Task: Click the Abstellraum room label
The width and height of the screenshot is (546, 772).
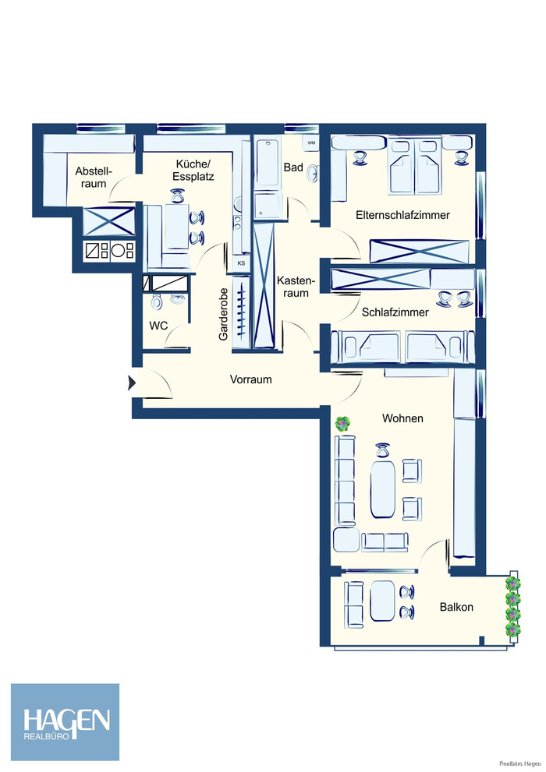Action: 93,178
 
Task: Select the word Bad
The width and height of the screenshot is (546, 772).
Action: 293,167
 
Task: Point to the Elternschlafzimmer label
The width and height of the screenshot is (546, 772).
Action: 402,215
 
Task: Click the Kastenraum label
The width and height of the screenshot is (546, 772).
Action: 295,287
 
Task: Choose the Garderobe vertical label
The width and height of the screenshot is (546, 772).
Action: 224,314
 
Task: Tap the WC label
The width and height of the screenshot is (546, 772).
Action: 158,326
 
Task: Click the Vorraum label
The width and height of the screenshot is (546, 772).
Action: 251,379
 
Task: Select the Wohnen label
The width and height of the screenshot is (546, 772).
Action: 402,418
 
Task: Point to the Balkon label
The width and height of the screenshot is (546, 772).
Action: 456,607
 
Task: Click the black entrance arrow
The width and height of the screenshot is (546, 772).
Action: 132,382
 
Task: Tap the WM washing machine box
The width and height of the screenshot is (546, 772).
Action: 311,143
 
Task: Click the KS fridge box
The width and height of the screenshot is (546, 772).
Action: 241,263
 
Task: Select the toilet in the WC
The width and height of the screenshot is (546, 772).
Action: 157,301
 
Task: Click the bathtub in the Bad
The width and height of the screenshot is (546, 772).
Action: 268,163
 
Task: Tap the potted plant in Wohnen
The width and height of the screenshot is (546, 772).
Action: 343,424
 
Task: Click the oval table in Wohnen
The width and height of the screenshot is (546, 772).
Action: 383,488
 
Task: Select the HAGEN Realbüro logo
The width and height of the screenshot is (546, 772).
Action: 65,722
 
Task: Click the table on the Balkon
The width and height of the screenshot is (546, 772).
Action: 383,601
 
